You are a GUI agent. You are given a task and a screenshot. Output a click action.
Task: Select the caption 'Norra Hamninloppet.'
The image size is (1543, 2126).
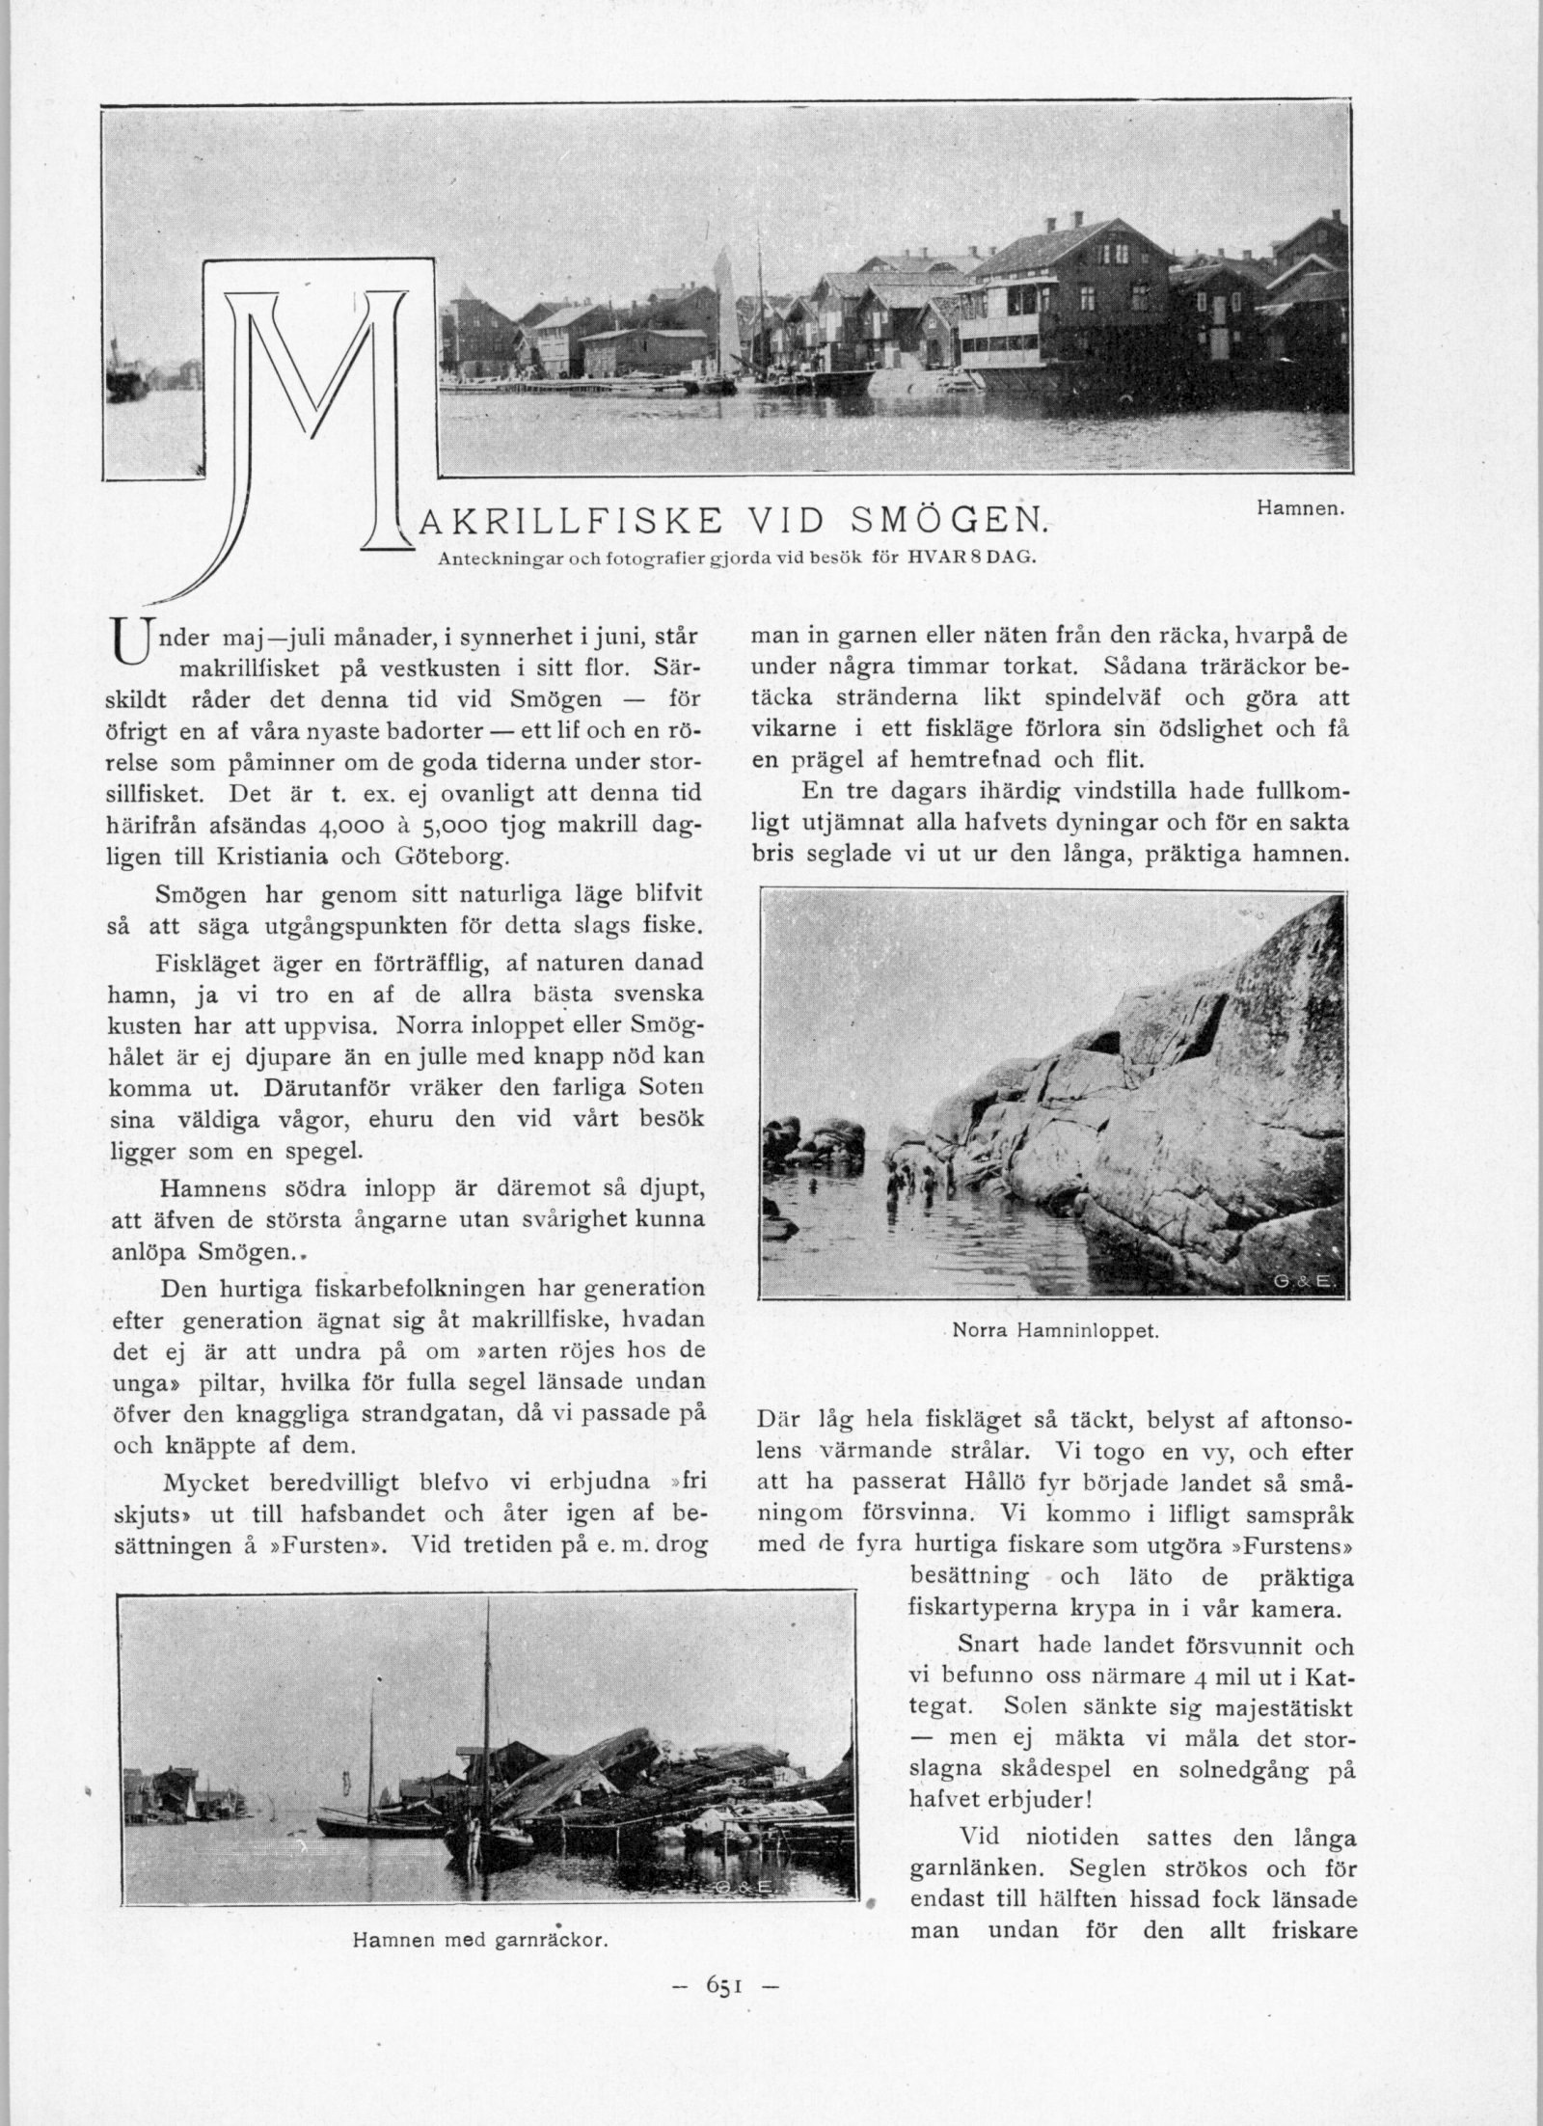pos(1054,1330)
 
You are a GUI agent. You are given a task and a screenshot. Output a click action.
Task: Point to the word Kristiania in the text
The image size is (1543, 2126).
pos(274,856)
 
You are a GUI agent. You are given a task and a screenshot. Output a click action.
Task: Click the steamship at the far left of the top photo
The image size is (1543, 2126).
pos(124,376)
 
